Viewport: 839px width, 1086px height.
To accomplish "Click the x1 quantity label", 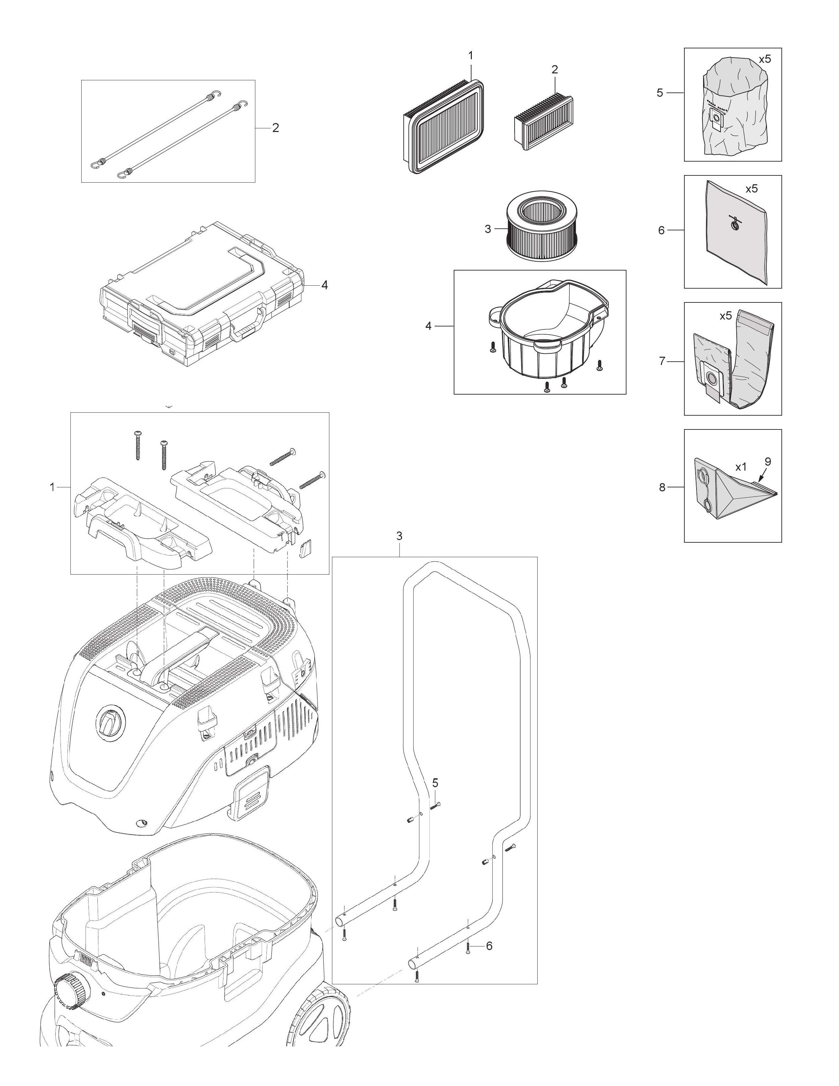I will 741,467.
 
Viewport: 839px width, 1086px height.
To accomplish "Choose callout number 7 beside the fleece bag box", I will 662,361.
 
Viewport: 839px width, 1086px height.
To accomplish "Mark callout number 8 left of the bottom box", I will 662,487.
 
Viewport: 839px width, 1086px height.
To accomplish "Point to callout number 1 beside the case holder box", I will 52,487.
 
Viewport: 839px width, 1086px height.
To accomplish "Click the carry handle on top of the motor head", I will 179,647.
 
